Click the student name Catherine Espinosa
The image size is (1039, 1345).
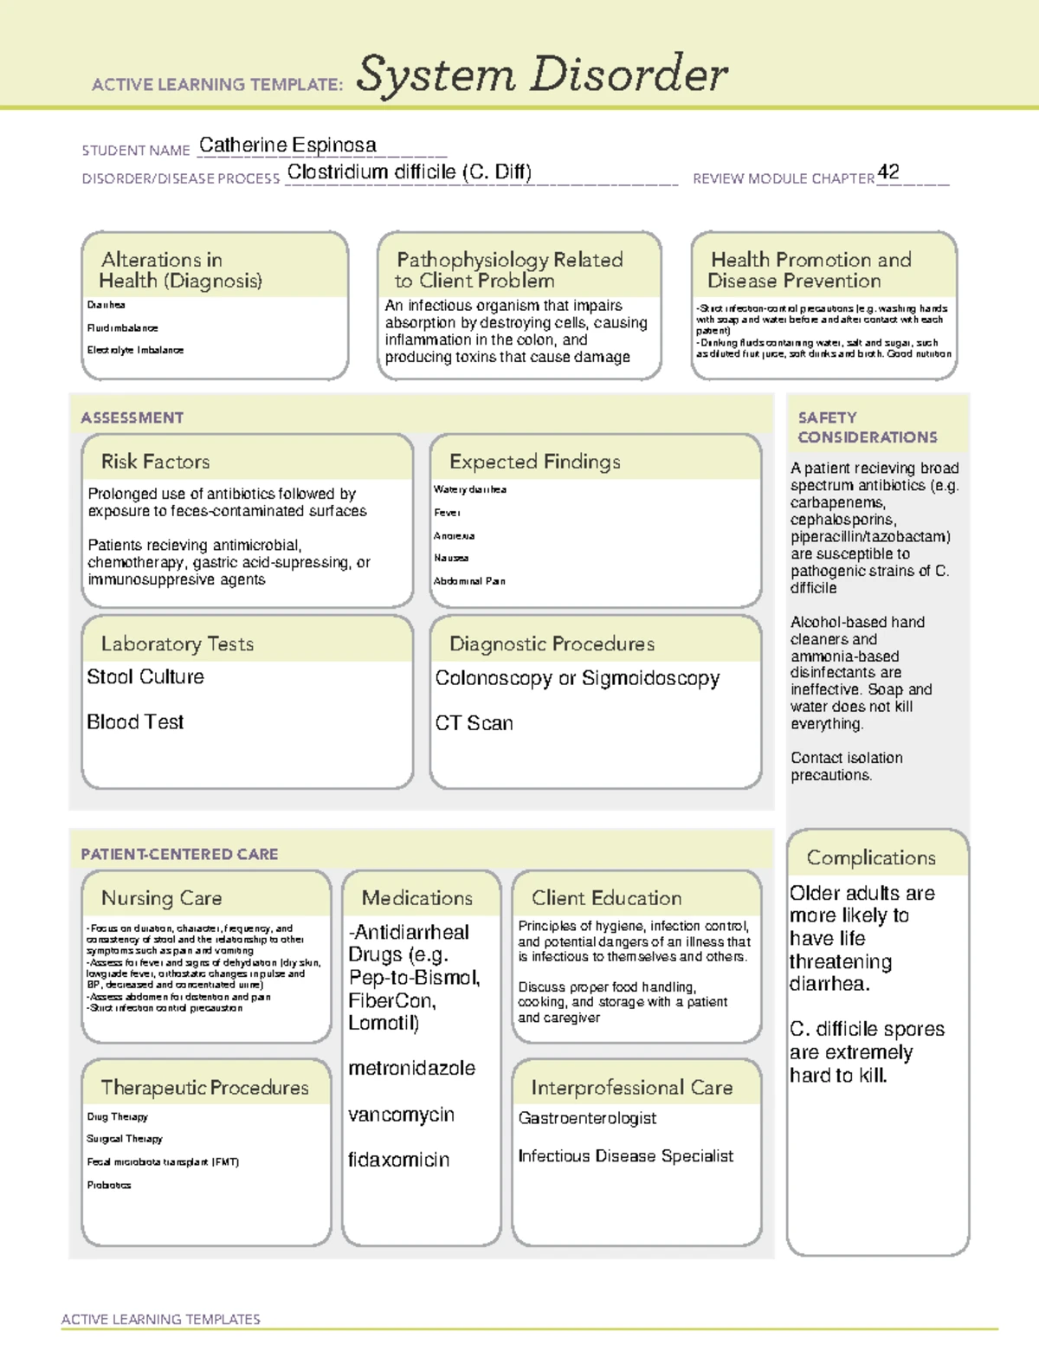287,145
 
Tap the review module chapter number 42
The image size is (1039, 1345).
888,171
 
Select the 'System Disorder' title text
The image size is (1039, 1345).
542,74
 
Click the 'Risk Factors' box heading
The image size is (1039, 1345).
156,462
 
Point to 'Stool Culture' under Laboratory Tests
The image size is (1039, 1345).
145,677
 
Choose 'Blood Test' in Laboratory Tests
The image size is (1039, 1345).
135,722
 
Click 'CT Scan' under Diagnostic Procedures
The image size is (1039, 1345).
474,723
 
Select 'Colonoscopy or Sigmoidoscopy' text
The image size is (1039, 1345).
578,678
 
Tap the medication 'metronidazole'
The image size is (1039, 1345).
411,1069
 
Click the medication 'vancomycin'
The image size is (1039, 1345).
401,1115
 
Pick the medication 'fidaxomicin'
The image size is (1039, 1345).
398,1161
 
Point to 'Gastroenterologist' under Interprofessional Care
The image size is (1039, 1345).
587,1119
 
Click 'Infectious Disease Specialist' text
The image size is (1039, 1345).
625,1156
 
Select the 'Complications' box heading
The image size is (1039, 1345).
871,857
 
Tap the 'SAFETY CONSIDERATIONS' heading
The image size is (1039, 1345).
867,428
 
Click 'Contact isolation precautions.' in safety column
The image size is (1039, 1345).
846,766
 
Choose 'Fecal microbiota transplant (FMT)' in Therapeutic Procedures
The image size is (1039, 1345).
163,1162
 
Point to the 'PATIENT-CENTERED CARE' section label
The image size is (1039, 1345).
179,854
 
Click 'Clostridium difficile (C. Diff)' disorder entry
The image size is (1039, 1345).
410,172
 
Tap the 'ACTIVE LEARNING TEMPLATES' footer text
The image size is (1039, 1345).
161,1319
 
